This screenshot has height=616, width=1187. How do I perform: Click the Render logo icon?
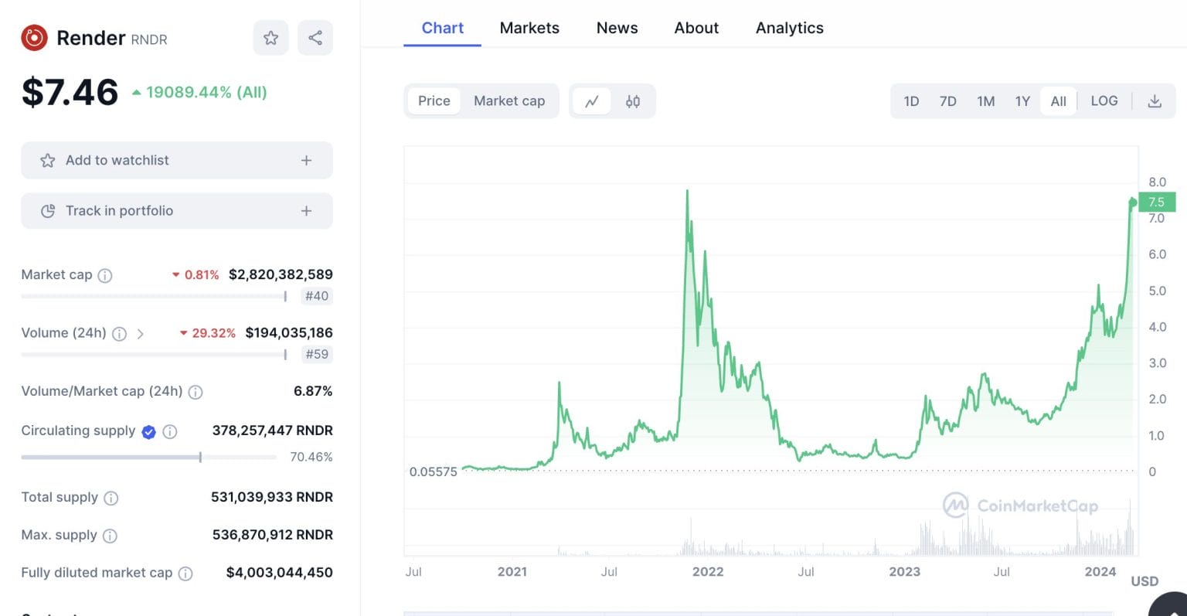pos(34,38)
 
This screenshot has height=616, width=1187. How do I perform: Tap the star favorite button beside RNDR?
pos(270,38)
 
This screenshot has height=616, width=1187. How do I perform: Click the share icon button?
pos(315,38)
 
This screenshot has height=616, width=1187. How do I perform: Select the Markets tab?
pos(529,28)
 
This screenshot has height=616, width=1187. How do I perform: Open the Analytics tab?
pos(789,28)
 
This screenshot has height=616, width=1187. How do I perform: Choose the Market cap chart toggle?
pos(508,101)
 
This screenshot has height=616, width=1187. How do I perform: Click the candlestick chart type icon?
pos(633,101)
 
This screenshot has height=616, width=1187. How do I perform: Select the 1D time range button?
pos(911,101)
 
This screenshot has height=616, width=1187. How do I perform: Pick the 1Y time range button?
pos(1022,101)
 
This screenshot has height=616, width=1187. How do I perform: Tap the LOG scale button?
pos(1104,101)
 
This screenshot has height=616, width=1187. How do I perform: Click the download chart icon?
pos(1155,101)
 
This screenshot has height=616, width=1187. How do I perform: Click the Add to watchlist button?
pos(177,160)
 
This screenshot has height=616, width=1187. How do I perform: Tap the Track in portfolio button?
pos(177,211)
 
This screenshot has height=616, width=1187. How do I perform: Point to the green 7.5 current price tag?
pos(1156,202)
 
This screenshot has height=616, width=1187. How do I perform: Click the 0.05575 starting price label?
pos(433,471)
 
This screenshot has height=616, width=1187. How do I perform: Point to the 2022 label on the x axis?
pos(708,572)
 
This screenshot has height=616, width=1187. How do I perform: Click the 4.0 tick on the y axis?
pos(1157,327)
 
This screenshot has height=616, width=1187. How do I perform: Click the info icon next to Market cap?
pos(105,275)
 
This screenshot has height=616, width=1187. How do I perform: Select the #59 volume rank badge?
pos(317,354)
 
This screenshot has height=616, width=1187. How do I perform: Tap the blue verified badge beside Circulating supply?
pos(149,432)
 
